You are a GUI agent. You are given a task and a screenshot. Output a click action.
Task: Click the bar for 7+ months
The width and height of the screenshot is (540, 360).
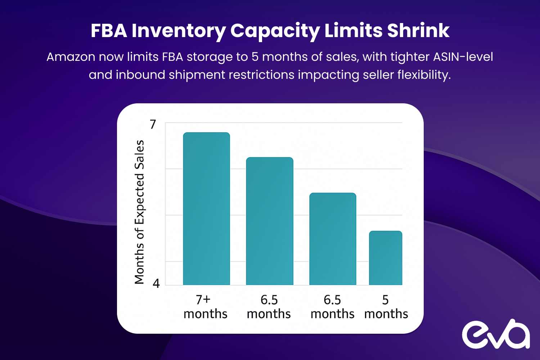click(x=206, y=209)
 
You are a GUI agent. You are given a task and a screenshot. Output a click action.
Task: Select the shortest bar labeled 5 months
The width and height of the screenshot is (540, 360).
click(x=386, y=258)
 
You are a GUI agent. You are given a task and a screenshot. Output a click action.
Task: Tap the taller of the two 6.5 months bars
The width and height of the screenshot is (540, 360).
click(x=270, y=221)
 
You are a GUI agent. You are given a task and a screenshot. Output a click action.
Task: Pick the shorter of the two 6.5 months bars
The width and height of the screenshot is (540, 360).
click(x=333, y=239)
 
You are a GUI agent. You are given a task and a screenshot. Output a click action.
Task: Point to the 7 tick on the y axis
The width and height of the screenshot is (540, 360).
click(x=153, y=124)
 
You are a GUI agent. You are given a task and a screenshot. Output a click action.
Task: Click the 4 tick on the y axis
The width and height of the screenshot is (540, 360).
click(x=156, y=283)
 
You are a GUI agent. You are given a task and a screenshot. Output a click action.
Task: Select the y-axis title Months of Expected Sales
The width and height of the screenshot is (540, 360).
click(x=139, y=212)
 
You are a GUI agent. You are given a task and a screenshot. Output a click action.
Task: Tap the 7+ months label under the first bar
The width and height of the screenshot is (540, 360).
click(x=205, y=307)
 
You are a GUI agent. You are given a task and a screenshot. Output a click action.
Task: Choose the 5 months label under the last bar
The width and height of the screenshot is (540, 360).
click(x=386, y=307)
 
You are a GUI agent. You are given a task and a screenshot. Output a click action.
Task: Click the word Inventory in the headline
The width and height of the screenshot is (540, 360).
click(x=179, y=31)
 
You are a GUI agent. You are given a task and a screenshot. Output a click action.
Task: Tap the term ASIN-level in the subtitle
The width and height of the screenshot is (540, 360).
click(x=463, y=57)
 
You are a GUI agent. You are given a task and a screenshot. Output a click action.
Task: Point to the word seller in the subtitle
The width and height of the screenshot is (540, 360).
click(x=378, y=75)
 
